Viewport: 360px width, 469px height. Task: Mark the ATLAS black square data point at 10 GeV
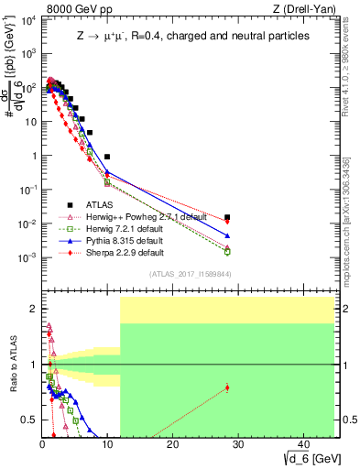pyautogui.click(x=107, y=157)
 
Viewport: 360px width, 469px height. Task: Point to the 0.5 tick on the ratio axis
pyautogui.click(x=32, y=420)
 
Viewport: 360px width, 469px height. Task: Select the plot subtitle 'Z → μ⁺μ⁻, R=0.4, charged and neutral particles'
pyautogui.click(x=192, y=36)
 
